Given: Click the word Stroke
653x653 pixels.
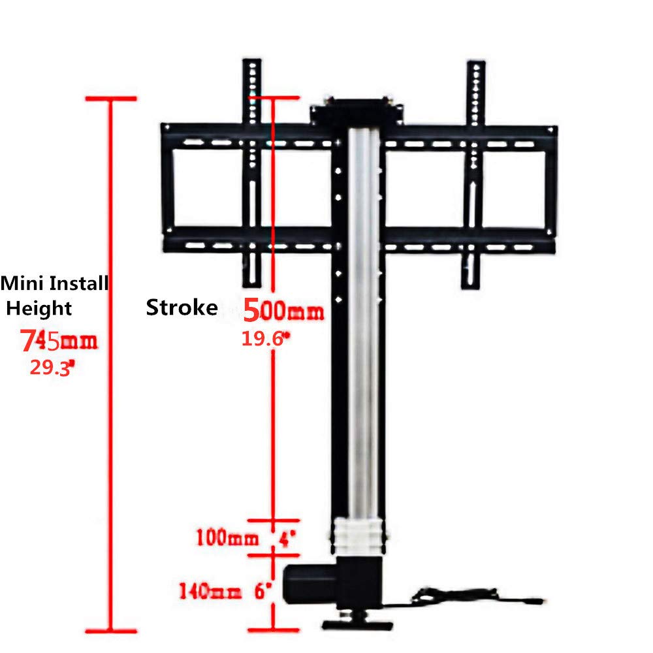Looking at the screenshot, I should click(x=182, y=308).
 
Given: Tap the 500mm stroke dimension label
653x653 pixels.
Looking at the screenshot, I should click(x=283, y=310).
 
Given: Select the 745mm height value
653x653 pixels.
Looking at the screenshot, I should click(x=59, y=340).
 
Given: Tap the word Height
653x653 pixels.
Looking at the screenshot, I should click(x=39, y=308).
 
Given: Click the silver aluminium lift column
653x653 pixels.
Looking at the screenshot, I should click(x=364, y=326).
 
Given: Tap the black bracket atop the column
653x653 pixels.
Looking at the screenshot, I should click(x=356, y=108).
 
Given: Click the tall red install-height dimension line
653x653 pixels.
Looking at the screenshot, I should click(x=112, y=366).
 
